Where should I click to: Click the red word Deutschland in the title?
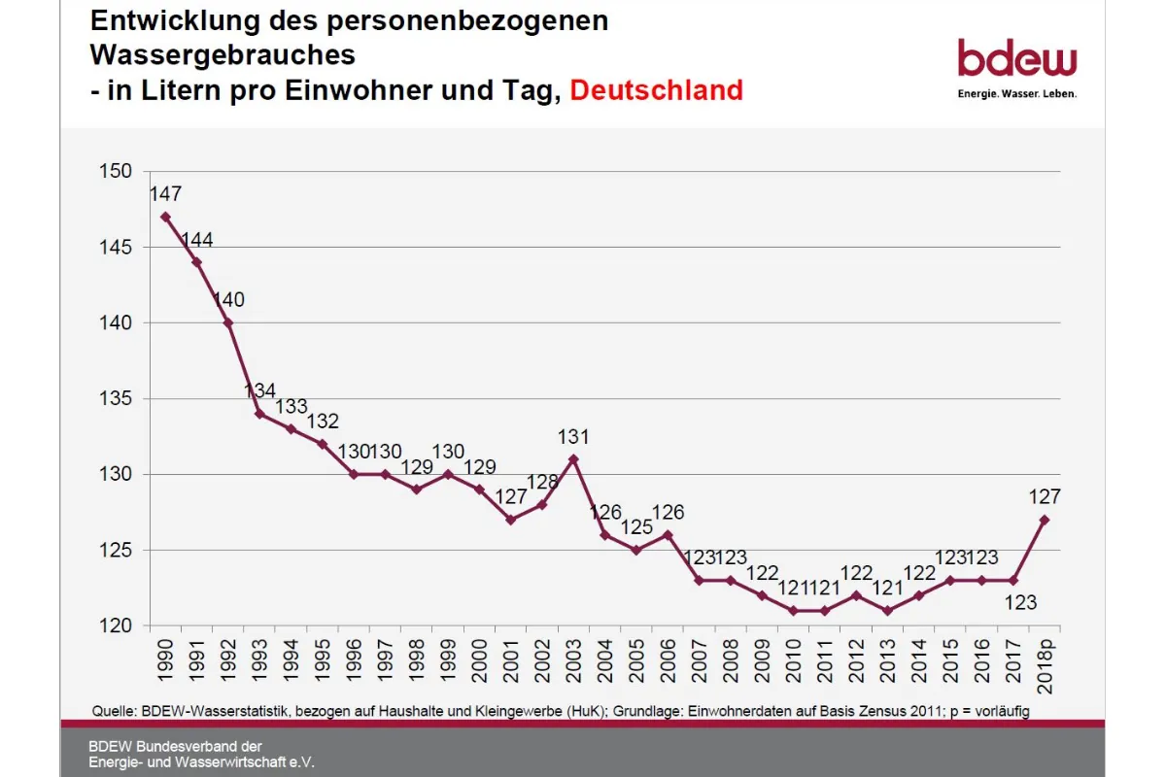coord(656,90)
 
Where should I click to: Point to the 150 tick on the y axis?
coord(116,172)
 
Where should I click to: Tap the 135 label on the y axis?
coord(116,399)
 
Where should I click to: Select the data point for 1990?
coord(165,217)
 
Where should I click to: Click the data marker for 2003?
coord(573,459)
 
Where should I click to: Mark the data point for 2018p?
coord(1045,520)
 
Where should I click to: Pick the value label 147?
coord(165,193)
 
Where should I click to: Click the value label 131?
coord(573,436)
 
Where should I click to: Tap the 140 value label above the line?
coord(228,300)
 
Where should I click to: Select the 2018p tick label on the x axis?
coord(1046,665)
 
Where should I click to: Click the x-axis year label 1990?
coord(166,659)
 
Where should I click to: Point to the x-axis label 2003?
coord(574,659)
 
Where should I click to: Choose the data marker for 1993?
coord(259,414)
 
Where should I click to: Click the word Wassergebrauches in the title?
coord(223,55)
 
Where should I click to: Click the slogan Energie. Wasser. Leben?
coord(1016,94)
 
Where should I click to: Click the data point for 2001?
coord(511,520)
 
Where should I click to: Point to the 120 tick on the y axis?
coord(116,626)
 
